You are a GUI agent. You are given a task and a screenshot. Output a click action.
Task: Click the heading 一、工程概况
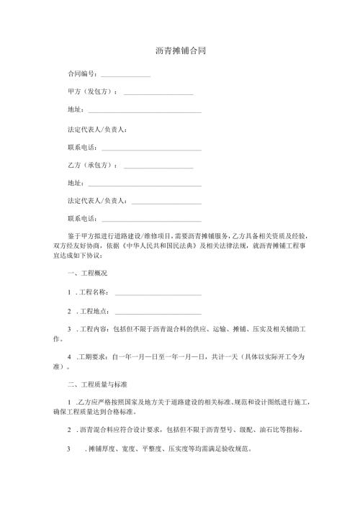pyautogui.click(x=86, y=274)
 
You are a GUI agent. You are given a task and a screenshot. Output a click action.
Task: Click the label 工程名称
pyautogui.click(x=94, y=292)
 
